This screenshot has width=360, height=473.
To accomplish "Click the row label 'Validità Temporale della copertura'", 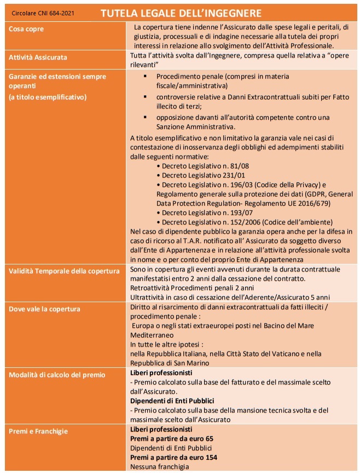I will click(x=64, y=271).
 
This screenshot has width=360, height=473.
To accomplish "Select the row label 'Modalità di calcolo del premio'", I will click(x=57, y=374).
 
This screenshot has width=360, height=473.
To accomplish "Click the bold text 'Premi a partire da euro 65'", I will click(x=171, y=439).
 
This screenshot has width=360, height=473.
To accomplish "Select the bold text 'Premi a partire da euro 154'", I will click(x=173, y=458).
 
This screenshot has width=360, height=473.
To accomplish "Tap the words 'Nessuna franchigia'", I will click(x=159, y=467).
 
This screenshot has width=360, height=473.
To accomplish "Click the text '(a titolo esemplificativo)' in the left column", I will click(x=48, y=97).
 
